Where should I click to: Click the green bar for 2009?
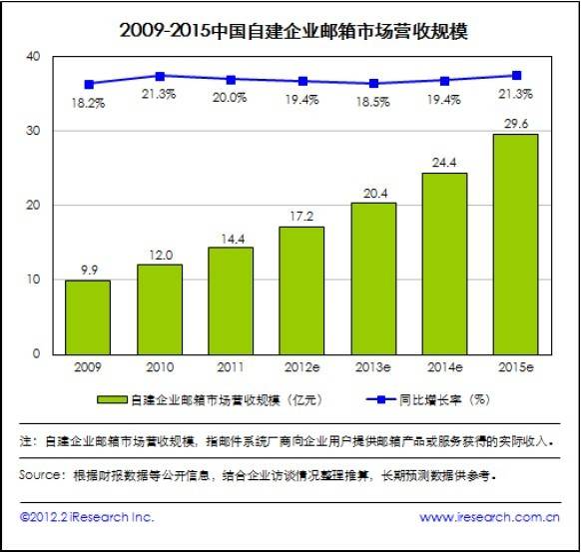(x=87, y=316)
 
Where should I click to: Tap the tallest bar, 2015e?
(x=515, y=244)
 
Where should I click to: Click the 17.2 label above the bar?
(x=302, y=216)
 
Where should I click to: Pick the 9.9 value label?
(x=88, y=270)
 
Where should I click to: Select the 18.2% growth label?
(x=88, y=103)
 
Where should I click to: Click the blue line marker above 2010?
(x=160, y=76)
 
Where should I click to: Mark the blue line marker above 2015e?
(x=516, y=75)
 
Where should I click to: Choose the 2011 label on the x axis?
(x=231, y=366)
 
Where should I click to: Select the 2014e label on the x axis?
(x=445, y=366)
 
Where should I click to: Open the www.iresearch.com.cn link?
(x=488, y=517)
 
